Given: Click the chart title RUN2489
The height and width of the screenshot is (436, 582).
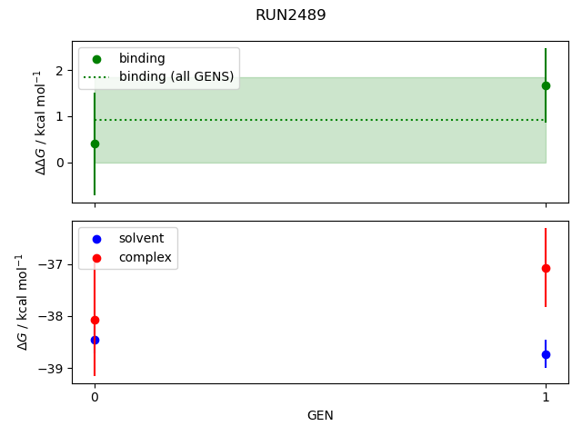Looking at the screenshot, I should (x=290, y=15).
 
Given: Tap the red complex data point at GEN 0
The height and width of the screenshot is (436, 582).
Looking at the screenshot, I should (x=95, y=320).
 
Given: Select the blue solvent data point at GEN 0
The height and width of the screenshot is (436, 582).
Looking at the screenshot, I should (x=95, y=340).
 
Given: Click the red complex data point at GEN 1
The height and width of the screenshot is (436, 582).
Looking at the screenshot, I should (x=546, y=268).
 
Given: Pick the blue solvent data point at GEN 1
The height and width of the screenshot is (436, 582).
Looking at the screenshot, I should (x=546, y=354).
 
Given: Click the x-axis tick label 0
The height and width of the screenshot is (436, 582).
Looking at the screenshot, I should (x=95, y=397).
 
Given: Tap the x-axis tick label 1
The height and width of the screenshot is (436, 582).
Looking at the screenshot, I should (x=546, y=397).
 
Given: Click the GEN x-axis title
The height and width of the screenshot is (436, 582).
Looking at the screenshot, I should (x=320, y=415).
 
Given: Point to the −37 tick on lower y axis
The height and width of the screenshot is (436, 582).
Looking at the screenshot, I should (x=52, y=264).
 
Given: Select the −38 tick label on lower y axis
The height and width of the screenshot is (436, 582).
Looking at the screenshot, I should (x=52, y=316).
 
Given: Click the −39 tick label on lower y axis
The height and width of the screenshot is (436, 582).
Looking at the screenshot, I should (x=52, y=368).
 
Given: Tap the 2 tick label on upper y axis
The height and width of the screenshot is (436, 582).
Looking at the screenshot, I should (x=59, y=70).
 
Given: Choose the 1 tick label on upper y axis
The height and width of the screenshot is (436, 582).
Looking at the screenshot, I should (x=59, y=116).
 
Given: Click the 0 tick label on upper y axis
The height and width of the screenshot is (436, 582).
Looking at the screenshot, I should (x=59, y=163).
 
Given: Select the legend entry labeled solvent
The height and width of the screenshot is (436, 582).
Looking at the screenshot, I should (x=141, y=238).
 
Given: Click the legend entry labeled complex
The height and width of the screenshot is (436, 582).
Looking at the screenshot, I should (x=145, y=258).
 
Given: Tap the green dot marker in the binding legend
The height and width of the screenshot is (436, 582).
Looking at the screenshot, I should (x=96, y=59).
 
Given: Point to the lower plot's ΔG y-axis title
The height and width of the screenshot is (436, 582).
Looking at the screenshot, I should (x=23, y=302).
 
